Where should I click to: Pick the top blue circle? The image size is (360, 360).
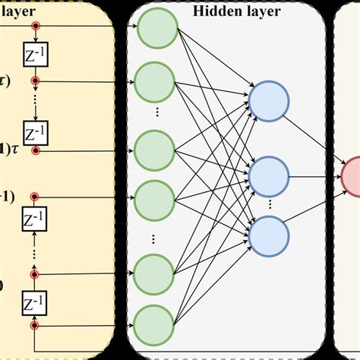[x=269, y=103]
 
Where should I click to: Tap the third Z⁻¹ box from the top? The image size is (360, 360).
[x=34, y=221]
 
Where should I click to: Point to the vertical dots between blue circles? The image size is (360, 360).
[x=269, y=206]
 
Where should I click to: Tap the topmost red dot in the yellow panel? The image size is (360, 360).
[x=34, y=26]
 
